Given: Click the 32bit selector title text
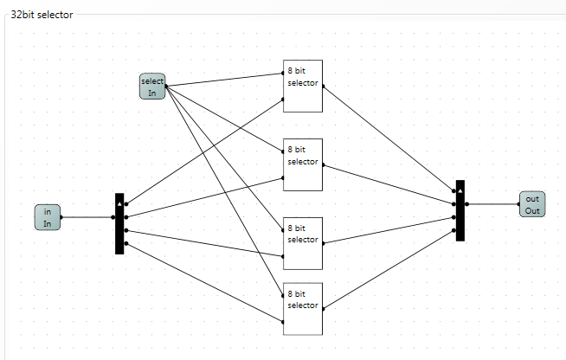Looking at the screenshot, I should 42,15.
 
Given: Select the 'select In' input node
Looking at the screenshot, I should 152,87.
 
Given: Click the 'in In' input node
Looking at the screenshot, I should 48,217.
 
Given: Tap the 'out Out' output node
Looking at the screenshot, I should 532,204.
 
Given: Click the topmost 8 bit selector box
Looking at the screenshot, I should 303,87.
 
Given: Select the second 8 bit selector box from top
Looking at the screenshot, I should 303,164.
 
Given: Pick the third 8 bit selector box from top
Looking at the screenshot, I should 303,243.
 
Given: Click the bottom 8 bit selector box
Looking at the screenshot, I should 303,309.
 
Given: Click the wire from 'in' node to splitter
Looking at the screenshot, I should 87,217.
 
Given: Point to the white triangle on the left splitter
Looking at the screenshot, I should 119,205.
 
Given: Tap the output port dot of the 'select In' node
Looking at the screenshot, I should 166,87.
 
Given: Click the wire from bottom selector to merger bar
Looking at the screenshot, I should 389,269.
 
